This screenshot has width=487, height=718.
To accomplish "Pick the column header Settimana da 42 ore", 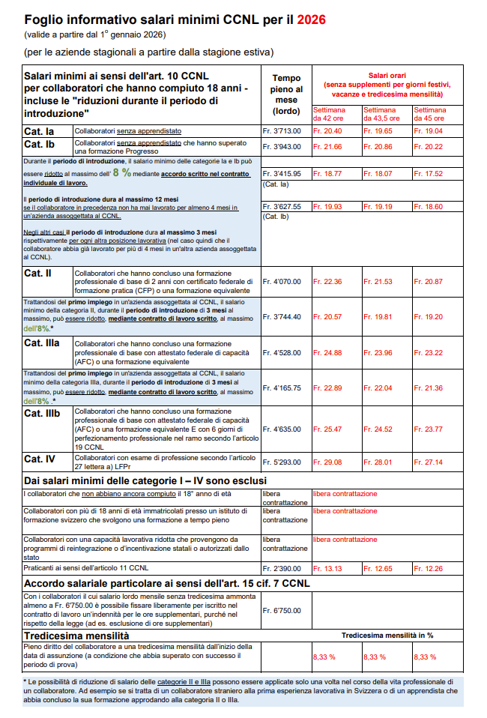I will pyautogui.click(x=327, y=114).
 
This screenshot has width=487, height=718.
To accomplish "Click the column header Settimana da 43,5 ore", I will pyautogui.click(x=380, y=114).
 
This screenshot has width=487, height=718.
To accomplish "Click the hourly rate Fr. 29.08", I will pyautogui.click(x=327, y=462).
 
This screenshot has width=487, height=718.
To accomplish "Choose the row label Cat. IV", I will pyautogui.click(x=40, y=459).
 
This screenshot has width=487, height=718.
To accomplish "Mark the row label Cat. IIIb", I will pyautogui.click(x=42, y=413).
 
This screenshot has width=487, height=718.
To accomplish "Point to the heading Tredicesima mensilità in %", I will pyautogui.click(x=387, y=636).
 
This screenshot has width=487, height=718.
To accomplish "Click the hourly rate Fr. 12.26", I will pyautogui.click(x=428, y=569).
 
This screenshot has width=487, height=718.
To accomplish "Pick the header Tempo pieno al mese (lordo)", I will pyautogui.click(x=286, y=94).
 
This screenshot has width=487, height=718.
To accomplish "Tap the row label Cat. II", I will pyautogui.click(x=37, y=273).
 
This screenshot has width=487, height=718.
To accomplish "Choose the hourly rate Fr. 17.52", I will pyautogui.click(x=429, y=173).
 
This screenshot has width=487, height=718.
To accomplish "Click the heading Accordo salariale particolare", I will pyautogui.click(x=167, y=583).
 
